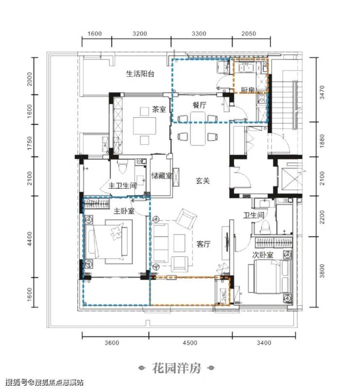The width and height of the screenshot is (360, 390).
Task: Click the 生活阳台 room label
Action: pos(140,73)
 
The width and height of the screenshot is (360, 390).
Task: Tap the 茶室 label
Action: pos(159,109)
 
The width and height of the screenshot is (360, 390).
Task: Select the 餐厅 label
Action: pos(199,105)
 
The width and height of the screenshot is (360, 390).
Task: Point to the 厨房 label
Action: pos(248,90)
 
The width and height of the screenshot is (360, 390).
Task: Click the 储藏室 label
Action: pos(162,176)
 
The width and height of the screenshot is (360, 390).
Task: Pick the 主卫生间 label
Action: pos(123,186)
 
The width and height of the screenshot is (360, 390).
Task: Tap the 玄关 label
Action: pos(203,181)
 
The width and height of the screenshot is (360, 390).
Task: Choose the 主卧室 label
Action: pos(124,211)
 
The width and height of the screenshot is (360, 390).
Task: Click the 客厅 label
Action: pos(203,244)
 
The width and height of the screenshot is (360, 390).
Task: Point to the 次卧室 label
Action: pos(263,255)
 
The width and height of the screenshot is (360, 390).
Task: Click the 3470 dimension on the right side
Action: pos(322,92)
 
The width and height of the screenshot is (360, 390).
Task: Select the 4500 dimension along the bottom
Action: pos(190,343)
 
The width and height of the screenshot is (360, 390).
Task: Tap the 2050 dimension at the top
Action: pos(249,34)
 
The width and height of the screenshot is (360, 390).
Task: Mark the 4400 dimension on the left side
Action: pos(30,239)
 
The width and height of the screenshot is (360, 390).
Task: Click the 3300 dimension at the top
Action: pos(199,34)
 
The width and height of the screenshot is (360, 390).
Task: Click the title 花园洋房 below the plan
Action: pos(177,369)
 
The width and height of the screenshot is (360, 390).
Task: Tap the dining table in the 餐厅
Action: pos(198,128)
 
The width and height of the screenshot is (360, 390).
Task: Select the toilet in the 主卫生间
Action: pos(123,166)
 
